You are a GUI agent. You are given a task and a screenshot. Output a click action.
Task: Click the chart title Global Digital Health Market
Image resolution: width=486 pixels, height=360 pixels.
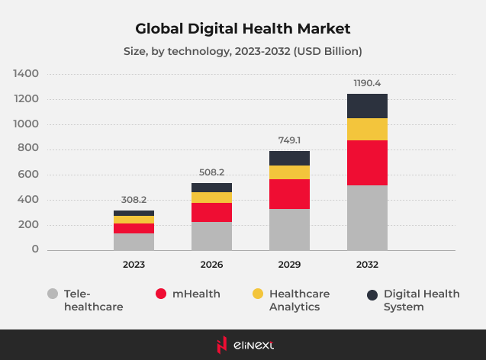click(243, 28)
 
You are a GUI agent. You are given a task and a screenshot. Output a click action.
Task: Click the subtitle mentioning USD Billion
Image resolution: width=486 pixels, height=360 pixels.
click(243, 52)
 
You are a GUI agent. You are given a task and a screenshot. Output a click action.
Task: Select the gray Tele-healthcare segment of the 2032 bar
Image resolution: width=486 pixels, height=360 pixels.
click(367, 217)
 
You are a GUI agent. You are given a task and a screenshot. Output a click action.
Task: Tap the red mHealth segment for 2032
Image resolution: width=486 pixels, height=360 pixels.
click(367, 162)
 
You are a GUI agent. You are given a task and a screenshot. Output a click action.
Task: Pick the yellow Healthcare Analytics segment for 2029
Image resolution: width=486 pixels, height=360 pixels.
click(289, 172)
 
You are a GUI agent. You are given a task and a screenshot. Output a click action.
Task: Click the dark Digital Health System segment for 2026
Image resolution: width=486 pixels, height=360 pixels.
click(211, 188)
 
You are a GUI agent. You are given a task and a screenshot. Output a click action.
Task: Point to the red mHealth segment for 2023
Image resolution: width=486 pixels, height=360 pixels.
click(134, 228)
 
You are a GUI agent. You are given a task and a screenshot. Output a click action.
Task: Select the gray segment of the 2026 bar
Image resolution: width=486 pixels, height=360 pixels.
click(211, 236)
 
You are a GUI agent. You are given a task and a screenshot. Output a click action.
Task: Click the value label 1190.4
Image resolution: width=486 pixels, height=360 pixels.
click(367, 82)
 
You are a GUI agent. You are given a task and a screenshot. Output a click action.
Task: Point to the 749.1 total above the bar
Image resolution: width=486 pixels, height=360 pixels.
click(289, 140)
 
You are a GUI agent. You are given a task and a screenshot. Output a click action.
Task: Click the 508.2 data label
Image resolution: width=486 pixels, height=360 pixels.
click(211, 172)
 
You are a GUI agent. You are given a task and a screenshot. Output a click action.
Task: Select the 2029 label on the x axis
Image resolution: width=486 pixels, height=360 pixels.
click(289, 265)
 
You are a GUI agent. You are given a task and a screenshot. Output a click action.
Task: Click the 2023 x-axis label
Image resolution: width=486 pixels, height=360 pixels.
click(134, 265)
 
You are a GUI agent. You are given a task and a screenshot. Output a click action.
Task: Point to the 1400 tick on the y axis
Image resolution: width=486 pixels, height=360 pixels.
click(26, 74)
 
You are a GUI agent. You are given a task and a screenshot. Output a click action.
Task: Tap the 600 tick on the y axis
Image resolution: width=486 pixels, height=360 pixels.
click(28, 175)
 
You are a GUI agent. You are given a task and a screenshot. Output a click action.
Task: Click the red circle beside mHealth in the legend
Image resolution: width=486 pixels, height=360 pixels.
click(160, 294)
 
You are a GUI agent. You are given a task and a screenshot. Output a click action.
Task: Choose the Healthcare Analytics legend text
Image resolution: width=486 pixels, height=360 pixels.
click(299, 300)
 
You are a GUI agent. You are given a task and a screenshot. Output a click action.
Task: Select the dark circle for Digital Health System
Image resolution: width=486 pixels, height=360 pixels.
click(372, 294)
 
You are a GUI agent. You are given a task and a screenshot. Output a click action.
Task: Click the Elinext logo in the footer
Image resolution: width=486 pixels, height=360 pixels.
click(243, 345)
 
